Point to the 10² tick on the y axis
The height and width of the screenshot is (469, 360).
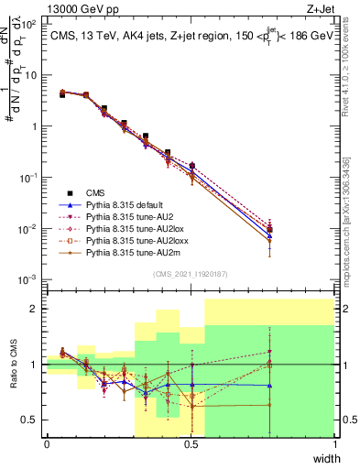coord(29,25)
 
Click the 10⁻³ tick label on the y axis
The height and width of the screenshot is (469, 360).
coord(29,278)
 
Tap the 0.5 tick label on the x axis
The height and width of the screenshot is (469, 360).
coord(191,444)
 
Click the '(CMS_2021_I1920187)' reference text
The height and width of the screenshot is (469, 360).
coord(191,273)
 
